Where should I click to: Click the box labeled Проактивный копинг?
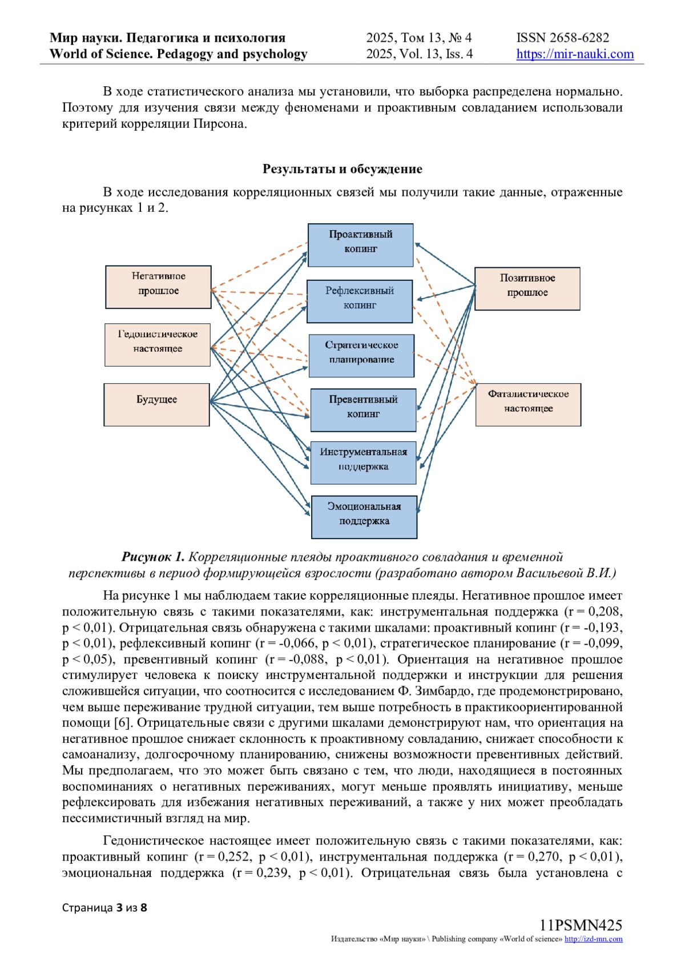[360, 245]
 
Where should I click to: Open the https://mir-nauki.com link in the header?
[575, 54]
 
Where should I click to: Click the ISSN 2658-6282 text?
[562, 38]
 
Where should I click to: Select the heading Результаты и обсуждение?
[342, 169]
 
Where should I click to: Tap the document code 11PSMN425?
[581, 925]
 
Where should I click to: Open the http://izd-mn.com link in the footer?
[593, 939]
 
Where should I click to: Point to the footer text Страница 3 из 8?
[104, 908]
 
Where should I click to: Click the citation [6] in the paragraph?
[122, 723]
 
